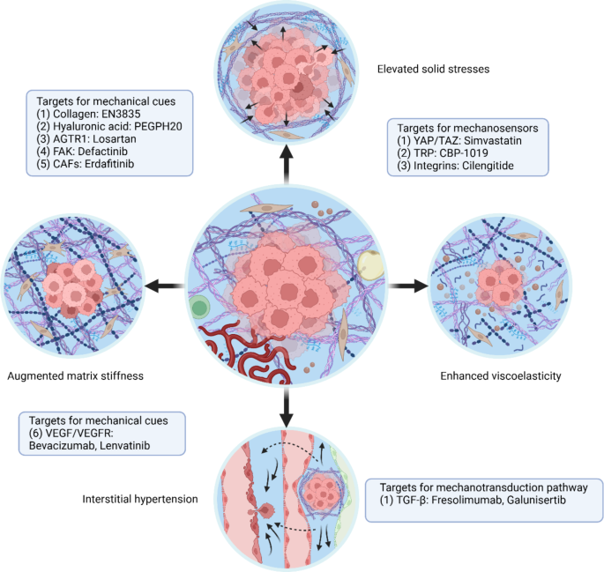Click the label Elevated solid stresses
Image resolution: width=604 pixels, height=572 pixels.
[432, 68]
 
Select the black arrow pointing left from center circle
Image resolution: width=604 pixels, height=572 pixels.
[162, 286]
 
